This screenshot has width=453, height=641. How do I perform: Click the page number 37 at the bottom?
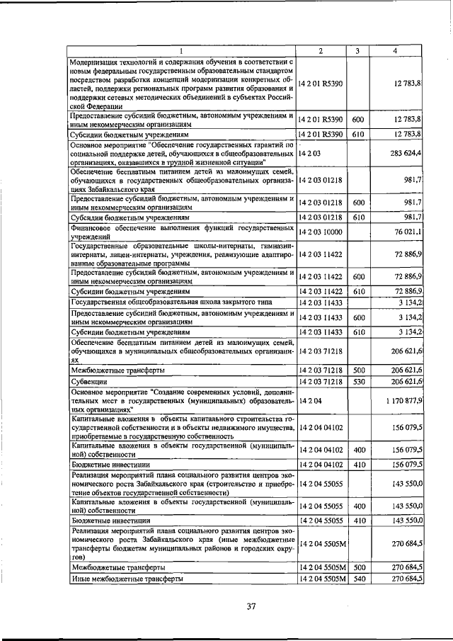[x=251, y=606]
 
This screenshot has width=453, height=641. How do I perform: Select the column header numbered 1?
[x=182, y=50]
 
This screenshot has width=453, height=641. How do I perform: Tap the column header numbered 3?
[x=357, y=50]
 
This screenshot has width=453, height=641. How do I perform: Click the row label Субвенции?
[x=88, y=382]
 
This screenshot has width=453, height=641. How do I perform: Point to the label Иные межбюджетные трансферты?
[x=127, y=579]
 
